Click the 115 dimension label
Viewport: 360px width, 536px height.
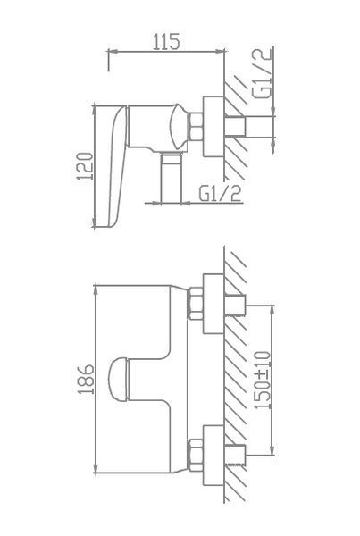pos(166,42)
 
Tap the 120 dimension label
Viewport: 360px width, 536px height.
pos(85,166)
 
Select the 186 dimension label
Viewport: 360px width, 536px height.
pos(86,380)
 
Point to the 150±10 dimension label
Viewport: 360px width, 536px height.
pos(263,380)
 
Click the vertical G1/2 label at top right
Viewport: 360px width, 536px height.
pos(263,73)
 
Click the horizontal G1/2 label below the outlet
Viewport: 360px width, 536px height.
pos(220,194)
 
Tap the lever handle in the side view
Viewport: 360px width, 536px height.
pos(117,166)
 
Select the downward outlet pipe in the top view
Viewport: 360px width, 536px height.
pos(171,178)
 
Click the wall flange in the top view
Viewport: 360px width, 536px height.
pos(213,127)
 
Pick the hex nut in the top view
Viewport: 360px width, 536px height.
pos(196,127)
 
